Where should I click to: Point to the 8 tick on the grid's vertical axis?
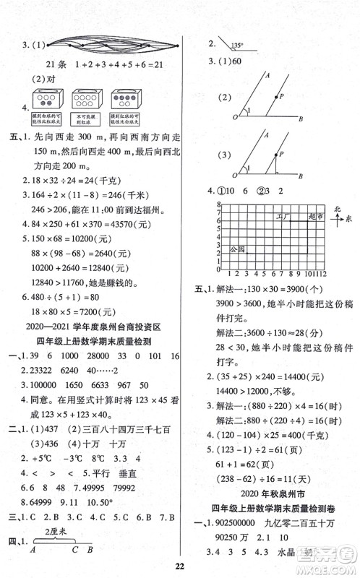pos(216,207)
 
